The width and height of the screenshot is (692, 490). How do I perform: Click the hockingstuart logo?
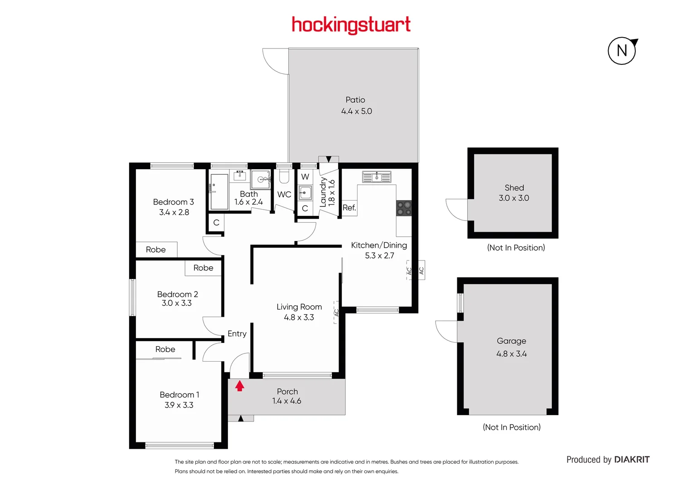(351, 25)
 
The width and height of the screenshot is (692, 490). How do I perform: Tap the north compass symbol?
(622, 50)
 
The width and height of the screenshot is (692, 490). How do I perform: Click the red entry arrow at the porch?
(240, 386)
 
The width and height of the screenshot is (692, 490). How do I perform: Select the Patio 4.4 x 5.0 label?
(356, 105)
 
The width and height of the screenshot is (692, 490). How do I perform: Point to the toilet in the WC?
(284, 176)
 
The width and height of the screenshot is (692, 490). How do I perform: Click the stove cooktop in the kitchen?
(404, 208)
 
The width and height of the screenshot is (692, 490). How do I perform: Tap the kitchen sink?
(377, 176)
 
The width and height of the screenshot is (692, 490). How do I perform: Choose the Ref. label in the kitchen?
(349, 208)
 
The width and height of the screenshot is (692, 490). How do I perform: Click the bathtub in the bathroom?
(219, 191)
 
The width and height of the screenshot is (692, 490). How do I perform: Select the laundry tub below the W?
(305, 192)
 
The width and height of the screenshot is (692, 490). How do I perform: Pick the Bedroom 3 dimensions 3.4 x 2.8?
(174, 212)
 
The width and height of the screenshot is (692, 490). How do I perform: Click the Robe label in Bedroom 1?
(165, 349)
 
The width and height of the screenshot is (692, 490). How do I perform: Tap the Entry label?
(237, 333)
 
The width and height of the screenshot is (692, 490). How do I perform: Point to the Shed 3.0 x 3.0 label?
(514, 193)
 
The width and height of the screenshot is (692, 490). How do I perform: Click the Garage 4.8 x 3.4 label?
(511, 347)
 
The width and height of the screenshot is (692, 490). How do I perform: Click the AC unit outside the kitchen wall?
(421, 270)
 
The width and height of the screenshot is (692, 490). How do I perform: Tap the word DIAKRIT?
(632, 460)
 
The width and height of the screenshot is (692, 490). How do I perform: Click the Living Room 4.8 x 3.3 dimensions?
(299, 318)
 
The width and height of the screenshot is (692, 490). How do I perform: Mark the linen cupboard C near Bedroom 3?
(216, 223)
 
